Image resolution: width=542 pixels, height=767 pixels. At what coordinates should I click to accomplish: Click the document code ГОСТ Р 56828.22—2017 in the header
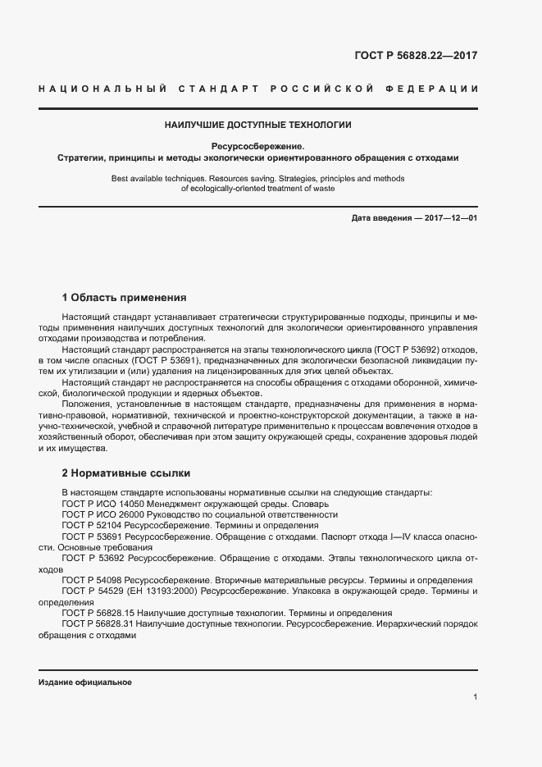(415, 56)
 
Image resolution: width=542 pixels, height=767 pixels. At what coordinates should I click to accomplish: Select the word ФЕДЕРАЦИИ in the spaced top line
(437, 88)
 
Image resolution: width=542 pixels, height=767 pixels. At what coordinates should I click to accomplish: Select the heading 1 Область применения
(125, 297)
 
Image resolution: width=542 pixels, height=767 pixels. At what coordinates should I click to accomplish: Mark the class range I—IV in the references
(401, 536)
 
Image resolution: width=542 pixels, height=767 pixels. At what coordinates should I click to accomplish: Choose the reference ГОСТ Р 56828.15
(97, 613)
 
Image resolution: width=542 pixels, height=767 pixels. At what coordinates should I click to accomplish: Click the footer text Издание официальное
(85, 683)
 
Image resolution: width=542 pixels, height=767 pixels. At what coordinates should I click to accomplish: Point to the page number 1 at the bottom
(475, 697)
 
